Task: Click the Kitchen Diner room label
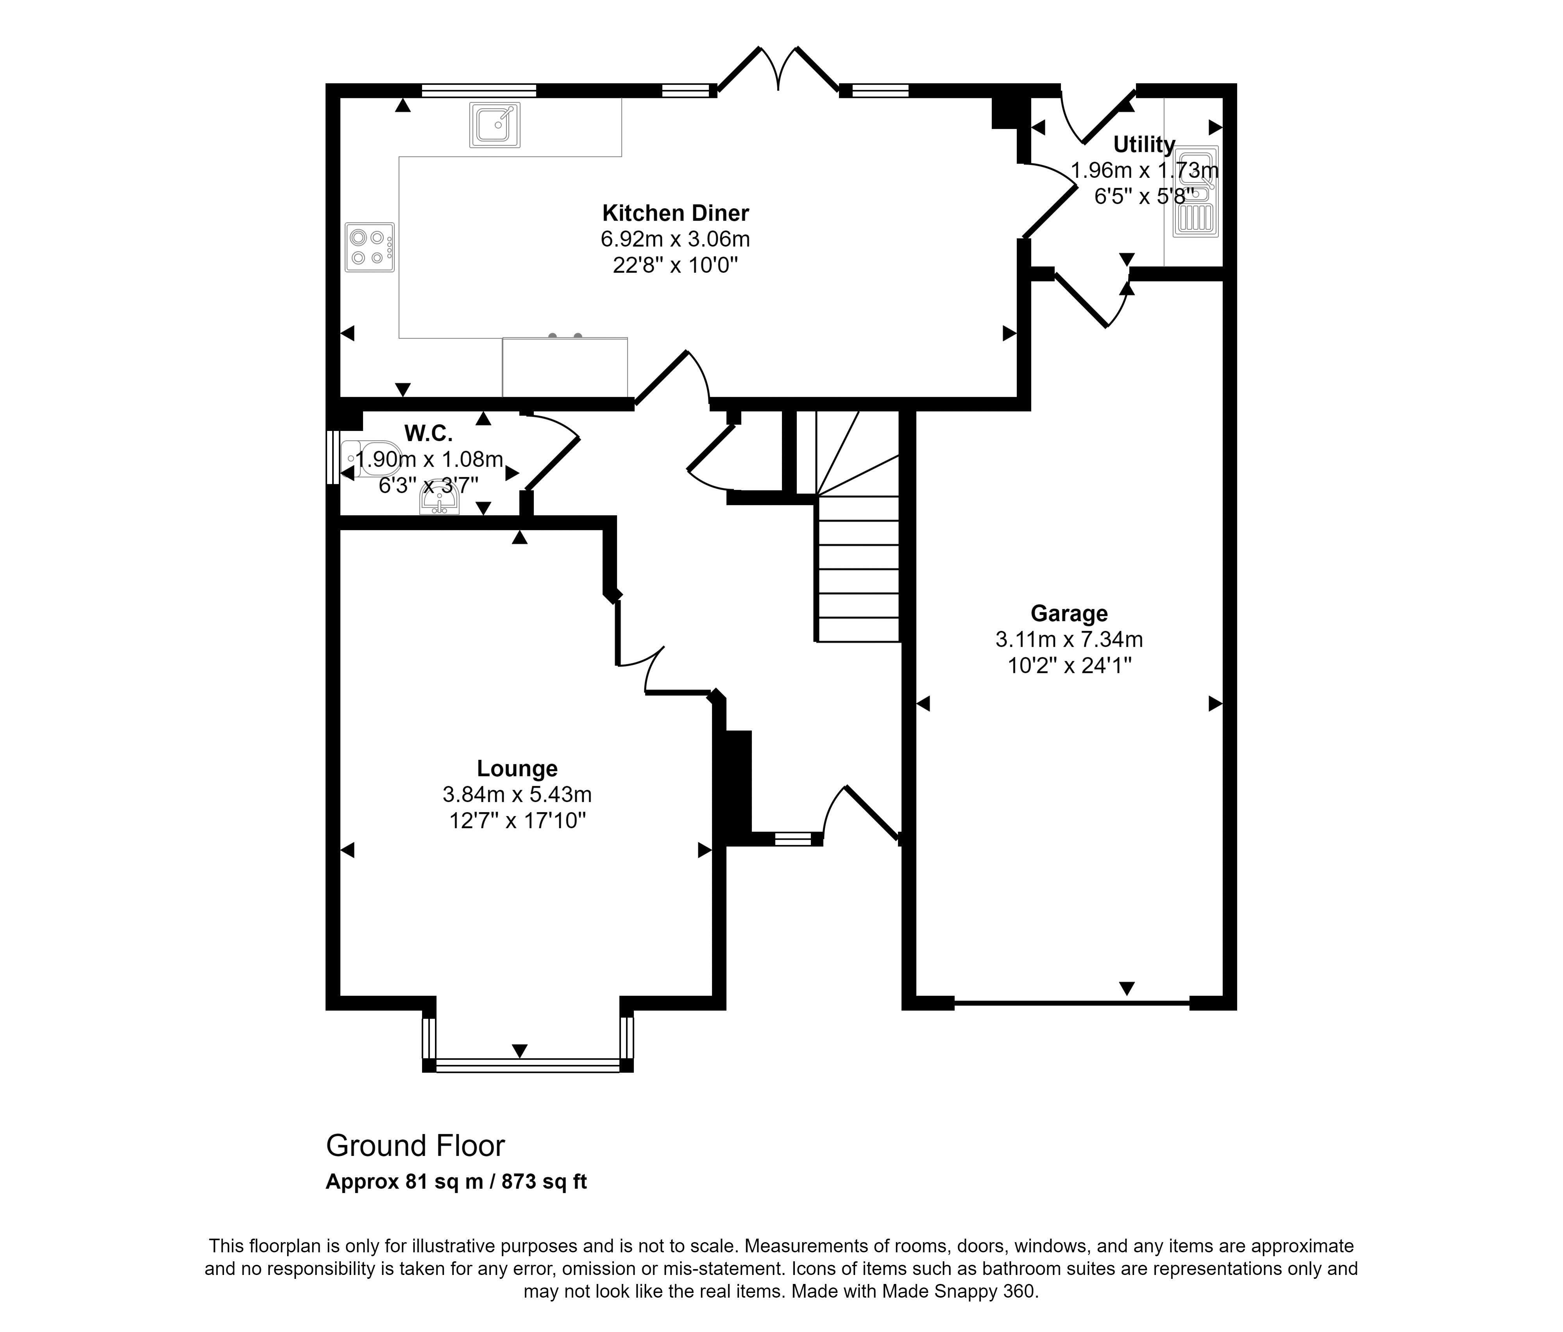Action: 675,213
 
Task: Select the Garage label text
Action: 1069,613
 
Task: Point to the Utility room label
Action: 1144,144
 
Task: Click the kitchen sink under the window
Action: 494,125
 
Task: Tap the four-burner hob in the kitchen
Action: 370,246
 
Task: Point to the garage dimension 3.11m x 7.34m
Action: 1069,639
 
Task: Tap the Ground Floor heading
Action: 415,1146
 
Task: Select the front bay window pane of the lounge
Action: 527,1066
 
